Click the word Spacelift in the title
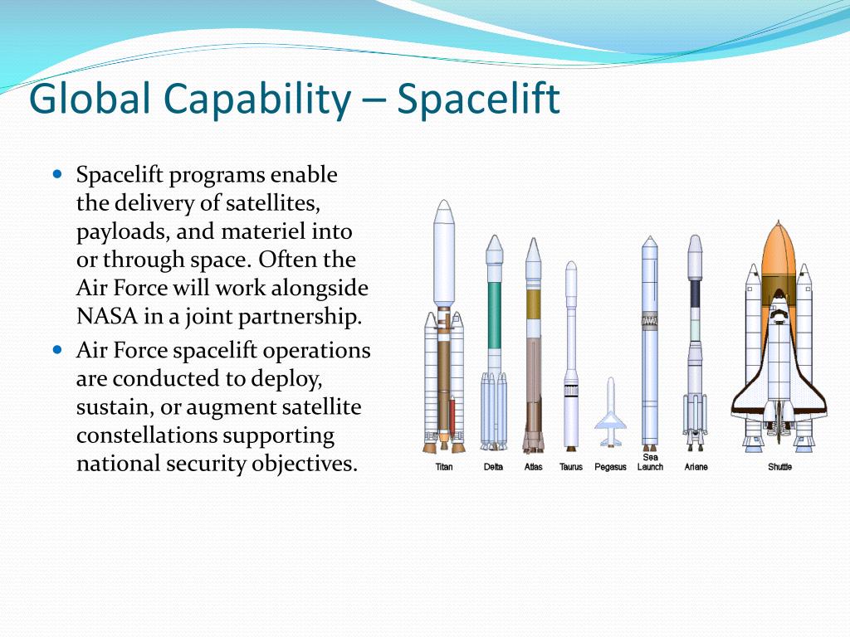tap(478, 100)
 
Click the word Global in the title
tap(90, 100)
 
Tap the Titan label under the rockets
tap(444, 467)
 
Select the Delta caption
tap(493, 467)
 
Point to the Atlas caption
tap(533, 467)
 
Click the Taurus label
tap(571, 467)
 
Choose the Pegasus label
tap(610, 467)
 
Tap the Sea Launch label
tap(650, 463)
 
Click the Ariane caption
tap(696, 467)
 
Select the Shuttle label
tap(779, 467)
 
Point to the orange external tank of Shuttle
tap(778, 257)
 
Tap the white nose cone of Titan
tap(444, 249)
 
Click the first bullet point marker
tap(57, 175)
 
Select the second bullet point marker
tap(57, 350)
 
